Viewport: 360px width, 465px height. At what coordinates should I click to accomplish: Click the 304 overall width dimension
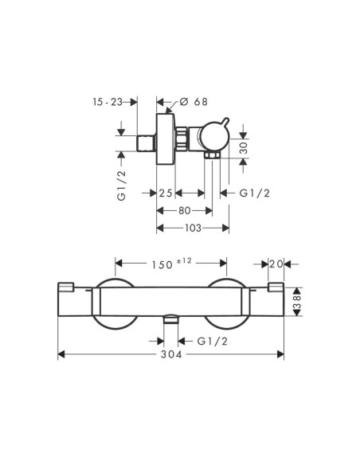tap(171, 354)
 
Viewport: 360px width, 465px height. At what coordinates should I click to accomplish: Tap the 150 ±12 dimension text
tap(172, 264)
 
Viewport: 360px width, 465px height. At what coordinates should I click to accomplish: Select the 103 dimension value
tap(193, 228)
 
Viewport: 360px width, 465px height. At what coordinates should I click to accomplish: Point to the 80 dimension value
tap(185, 210)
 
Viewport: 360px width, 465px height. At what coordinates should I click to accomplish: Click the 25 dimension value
tap(166, 193)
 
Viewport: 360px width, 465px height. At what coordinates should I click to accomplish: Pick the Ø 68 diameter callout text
tap(194, 102)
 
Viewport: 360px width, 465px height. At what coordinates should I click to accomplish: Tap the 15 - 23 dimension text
tap(108, 102)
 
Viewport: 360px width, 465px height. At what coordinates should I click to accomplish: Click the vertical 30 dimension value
tap(243, 147)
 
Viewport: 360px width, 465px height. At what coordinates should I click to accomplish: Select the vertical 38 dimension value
tap(297, 302)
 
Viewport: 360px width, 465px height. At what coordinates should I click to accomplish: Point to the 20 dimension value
tap(276, 264)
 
